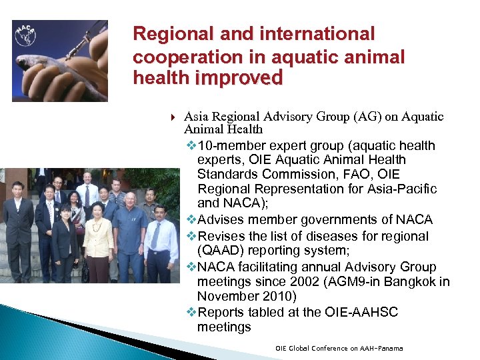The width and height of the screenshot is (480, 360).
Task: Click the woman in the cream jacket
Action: [x=98, y=240]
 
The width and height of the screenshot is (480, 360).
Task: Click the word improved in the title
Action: [x=239, y=79]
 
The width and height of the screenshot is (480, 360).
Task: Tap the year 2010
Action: [x=272, y=296]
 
